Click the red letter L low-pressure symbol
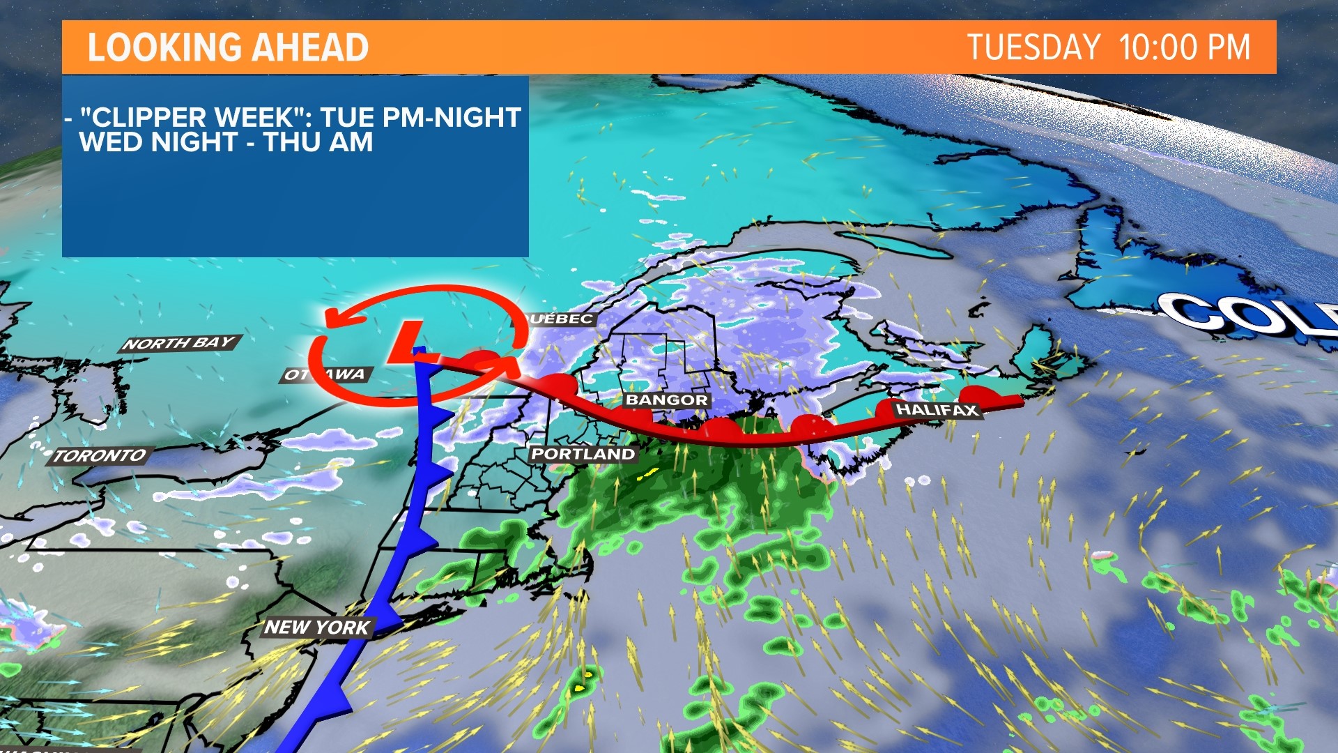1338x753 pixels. point(410,342)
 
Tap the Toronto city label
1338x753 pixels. point(100,456)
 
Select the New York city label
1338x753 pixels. point(317,627)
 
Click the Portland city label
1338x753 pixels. point(583,454)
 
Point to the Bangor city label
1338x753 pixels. point(667,400)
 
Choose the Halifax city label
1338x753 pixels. point(937,409)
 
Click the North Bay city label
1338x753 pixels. point(180,343)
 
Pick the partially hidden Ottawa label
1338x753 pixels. point(325,374)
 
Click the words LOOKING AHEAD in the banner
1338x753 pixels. point(228,47)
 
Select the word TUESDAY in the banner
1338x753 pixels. point(1033,47)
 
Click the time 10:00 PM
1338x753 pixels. point(1185,47)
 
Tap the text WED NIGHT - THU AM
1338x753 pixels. point(226,142)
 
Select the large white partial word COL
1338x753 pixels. point(1247,314)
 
